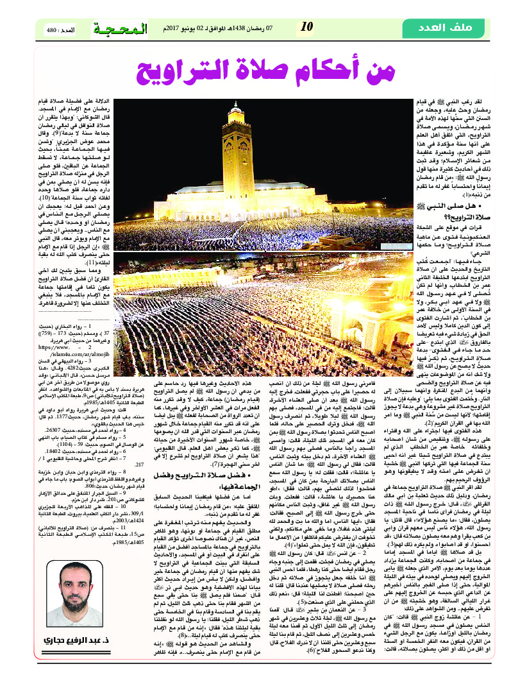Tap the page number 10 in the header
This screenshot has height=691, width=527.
click(x=307, y=27)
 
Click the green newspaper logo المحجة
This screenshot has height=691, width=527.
click(x=119, y=28)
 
